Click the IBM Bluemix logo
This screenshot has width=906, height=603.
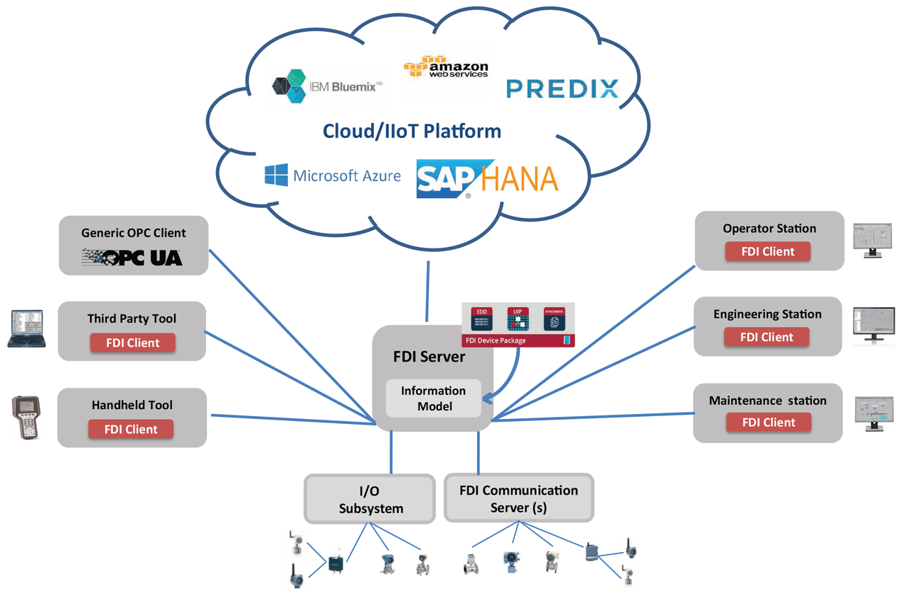point(327,86)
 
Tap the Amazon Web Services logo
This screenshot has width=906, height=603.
point(445,67)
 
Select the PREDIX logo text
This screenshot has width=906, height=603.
point(563,88)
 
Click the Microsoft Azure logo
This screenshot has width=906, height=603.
point(332,176)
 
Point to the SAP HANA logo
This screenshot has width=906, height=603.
point(487,179)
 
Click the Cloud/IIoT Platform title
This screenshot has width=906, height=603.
point(412,131)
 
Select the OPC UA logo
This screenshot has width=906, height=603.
point(133,257)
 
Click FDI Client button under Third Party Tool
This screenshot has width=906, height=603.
point(132,343)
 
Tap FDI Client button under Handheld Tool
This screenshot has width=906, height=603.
point(131,429)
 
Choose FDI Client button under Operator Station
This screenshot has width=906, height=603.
point(768,251)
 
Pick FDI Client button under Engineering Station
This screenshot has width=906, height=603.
point(767,337)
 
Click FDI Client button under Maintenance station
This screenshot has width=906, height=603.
point(769,423)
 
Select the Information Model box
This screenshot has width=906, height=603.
point(433,398)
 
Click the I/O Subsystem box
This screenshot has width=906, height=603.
point(370,499)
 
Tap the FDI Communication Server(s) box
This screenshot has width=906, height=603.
point(519,499)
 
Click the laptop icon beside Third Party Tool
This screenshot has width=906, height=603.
point(27,329)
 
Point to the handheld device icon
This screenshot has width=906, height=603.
point(26,417)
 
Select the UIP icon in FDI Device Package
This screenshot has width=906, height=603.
point(518,319)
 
